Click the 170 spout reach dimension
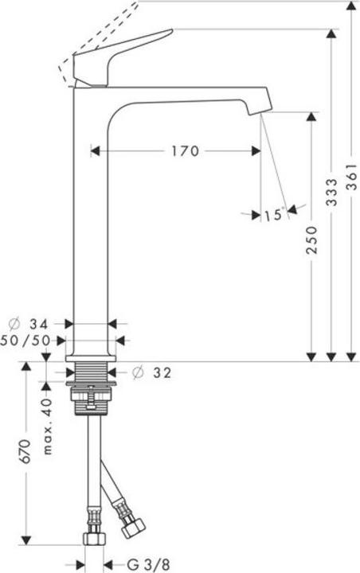[x=185, y=151]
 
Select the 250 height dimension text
[x=312, y=238]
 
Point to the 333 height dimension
[x=332, y=192]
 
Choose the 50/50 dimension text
[x=27, y=340]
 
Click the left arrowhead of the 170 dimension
[x=95, y=151]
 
